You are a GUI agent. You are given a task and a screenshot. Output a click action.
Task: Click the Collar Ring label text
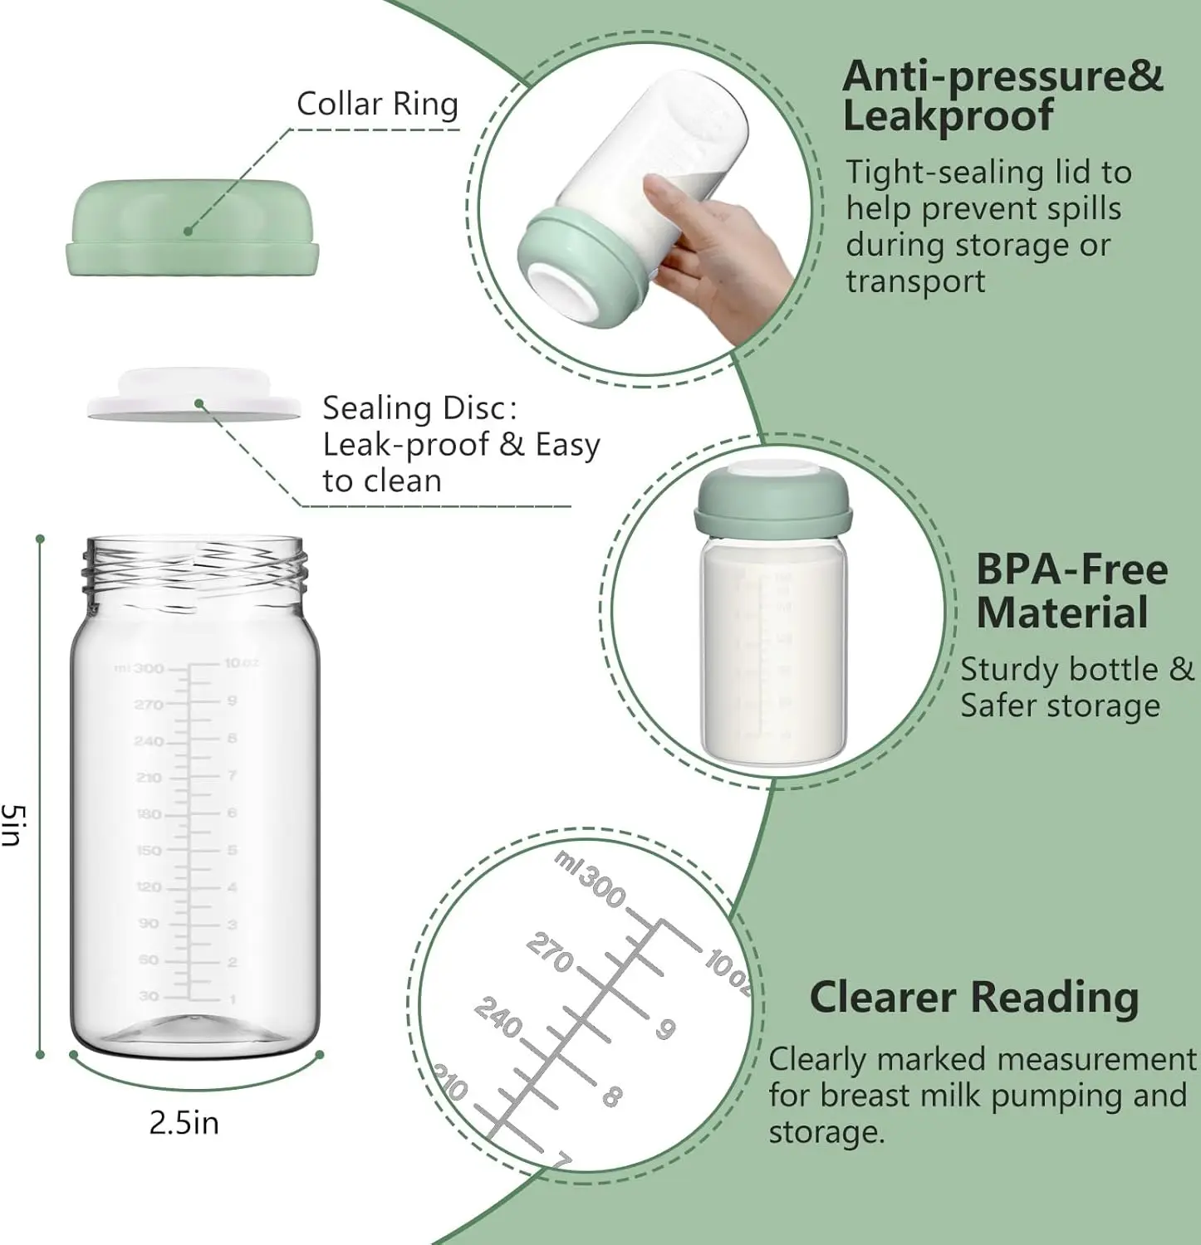[x=377, y=105]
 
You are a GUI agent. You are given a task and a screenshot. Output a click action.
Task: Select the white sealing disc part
[x=194, y=398]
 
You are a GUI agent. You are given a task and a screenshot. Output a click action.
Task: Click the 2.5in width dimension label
[x=184, y=1123]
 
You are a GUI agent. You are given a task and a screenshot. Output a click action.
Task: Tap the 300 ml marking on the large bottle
[x=149, y=668]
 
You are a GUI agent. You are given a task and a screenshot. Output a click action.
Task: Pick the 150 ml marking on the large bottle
[x=149, y=851]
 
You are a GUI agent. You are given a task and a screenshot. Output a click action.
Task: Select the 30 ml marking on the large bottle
[x=149, y=995]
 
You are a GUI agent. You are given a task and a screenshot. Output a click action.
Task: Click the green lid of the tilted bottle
[x=581, y=266]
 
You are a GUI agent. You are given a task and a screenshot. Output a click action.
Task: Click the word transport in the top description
[x=914, y=281]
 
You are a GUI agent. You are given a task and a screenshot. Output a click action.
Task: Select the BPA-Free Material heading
[x=1070, y=591]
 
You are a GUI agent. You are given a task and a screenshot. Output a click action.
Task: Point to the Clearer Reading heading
[x=973, y=997]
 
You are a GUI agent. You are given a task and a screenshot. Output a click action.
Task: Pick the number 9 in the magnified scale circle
[x=665, y=1028]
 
